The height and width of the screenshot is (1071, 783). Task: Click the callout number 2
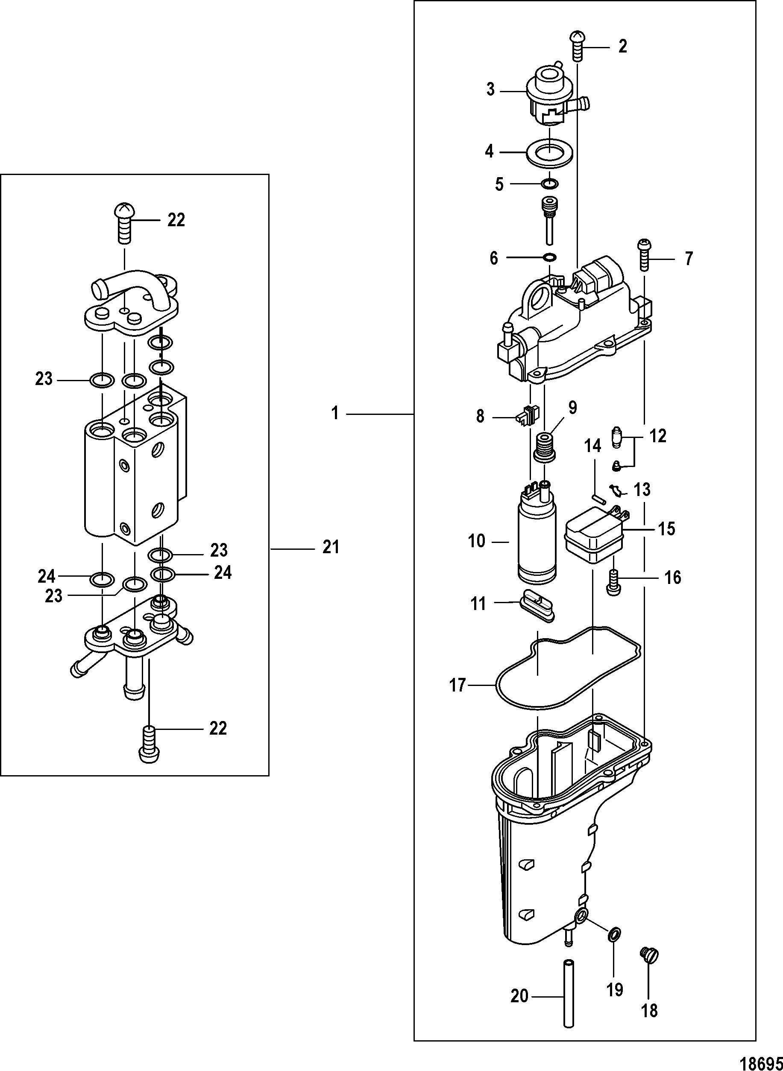(622, 46)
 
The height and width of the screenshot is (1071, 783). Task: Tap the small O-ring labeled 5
(549, 183)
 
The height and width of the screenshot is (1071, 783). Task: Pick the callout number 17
(458, 686)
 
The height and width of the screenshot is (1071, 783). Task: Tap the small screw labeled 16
(613, 582)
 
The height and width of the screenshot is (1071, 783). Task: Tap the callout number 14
(592, 446)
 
